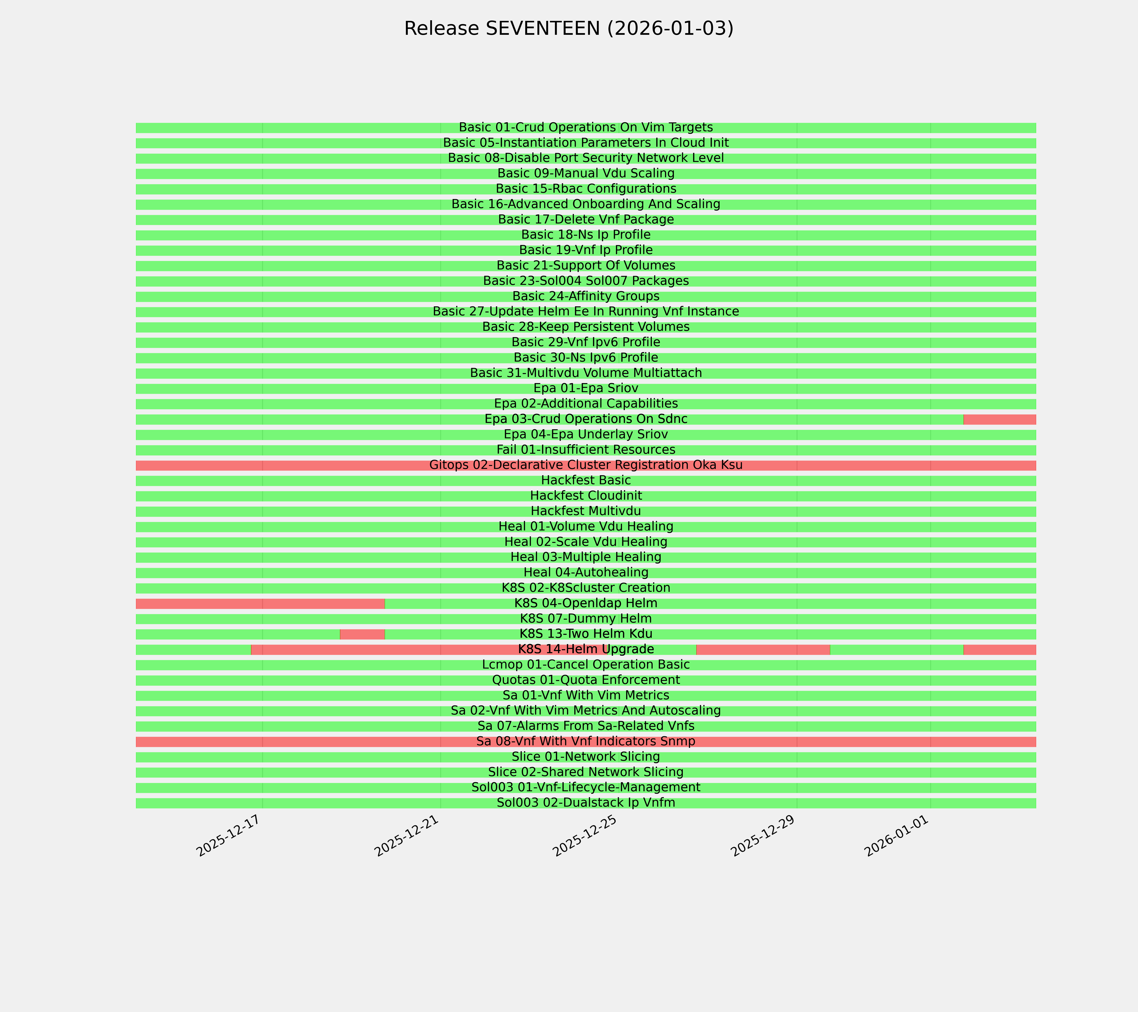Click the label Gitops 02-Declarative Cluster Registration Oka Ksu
[586, 465]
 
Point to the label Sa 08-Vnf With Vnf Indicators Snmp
[586, 741]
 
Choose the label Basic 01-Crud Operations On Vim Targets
[586, 128]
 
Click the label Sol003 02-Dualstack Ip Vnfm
[586, 803]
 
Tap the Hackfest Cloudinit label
[586, 496]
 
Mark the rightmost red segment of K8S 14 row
[999, 649]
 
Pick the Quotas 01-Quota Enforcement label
[586, 680]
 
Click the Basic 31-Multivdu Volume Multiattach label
[586, 373]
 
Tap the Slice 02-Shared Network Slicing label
[586, 772]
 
